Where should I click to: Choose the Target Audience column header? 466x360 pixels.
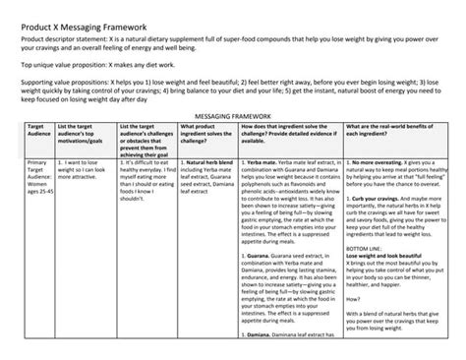click(39, 132)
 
